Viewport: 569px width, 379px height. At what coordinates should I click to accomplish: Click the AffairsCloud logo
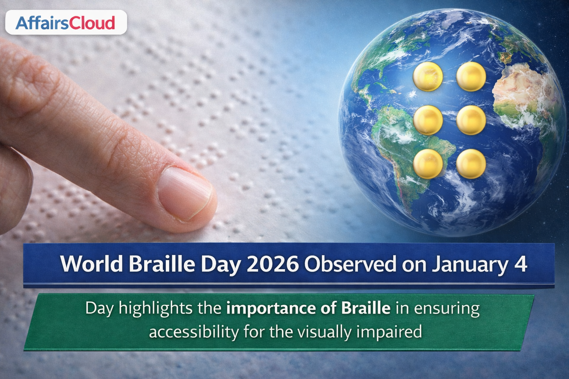point(66,22)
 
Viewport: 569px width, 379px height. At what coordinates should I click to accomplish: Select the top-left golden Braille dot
point(428,76)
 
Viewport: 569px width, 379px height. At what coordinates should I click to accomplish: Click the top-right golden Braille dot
point(471,76)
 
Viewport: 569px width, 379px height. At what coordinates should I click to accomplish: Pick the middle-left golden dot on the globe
point(428,120)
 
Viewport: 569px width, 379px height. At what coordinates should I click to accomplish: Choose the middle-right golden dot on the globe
point(471,120)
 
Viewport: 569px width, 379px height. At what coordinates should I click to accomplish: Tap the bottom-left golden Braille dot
point(428,164)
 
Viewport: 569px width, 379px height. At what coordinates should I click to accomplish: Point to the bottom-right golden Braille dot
point(471,164)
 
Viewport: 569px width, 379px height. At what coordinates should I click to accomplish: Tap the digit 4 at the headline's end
point(520,264)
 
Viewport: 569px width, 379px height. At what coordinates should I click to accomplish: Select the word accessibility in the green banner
point(194,332)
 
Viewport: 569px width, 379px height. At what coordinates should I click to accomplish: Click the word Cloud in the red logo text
point(92,23)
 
